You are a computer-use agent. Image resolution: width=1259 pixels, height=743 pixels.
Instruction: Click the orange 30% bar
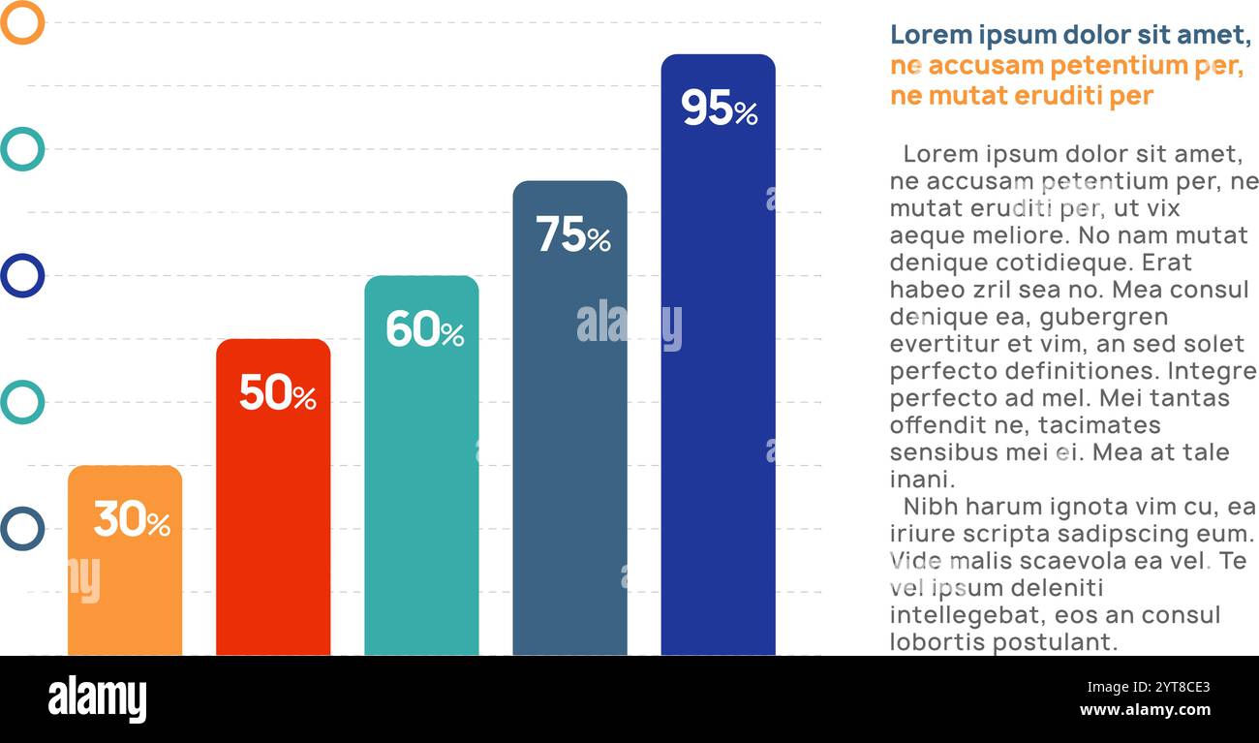coord(125,581)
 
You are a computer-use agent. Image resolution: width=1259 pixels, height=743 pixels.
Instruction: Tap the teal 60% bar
coord(421,484)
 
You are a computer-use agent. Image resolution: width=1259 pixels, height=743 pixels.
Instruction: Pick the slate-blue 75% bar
coord(569,436)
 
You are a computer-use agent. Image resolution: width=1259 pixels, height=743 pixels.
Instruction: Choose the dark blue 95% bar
coord(718,387)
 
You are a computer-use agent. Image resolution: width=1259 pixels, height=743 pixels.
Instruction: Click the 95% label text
coord(719,108)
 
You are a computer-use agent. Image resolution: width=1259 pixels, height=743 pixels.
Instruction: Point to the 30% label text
coord(132,519)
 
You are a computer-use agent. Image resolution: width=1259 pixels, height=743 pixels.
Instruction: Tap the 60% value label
coord(424,329)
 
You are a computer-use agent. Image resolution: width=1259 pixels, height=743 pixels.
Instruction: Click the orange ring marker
coord(22,22)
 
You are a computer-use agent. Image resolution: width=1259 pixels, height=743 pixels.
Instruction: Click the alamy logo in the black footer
coord(97,699)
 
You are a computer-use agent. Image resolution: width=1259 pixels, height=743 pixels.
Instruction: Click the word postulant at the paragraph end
coord(1056,642)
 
